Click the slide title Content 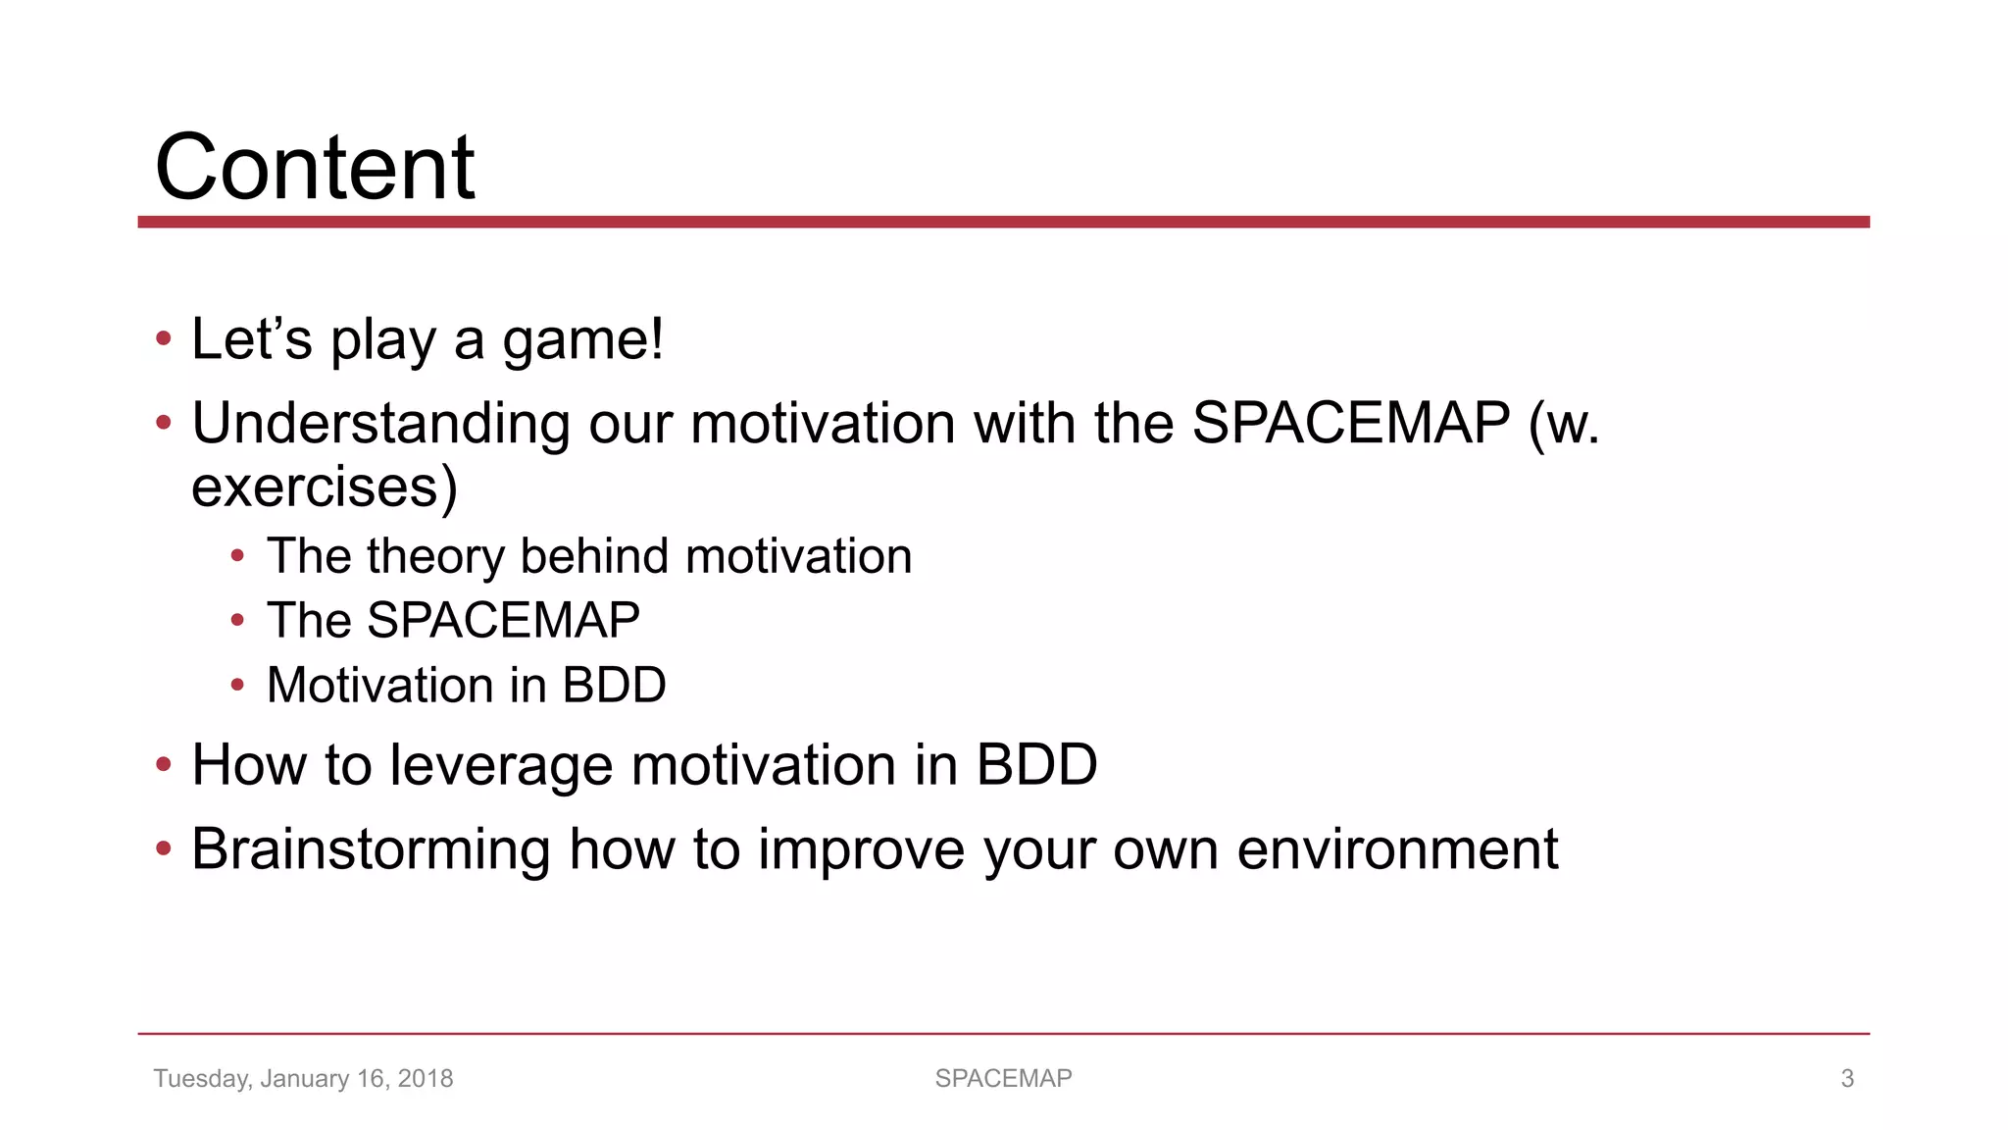(315, 167)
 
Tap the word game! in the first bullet (582, 340)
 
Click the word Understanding (380, 424)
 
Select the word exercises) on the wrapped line (325, 488)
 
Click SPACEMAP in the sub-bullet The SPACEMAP (503, 620)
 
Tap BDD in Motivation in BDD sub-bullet (614, 685)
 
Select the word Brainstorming (371, 849)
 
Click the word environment (1397, 849)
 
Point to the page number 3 (1847, 1079)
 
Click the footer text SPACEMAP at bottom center (1003, 1079)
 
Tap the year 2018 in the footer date (426, 1079)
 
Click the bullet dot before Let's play (164, 339)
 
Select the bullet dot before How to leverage (164, 764)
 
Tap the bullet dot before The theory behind (237, 556)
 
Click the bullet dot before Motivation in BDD (237, 685)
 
